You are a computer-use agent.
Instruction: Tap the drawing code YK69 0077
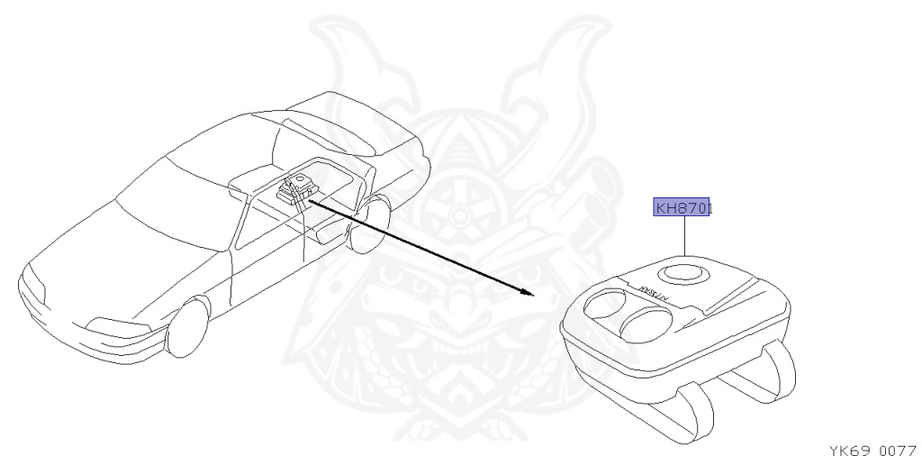(871, 448)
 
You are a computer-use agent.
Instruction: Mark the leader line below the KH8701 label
(684, 237)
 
